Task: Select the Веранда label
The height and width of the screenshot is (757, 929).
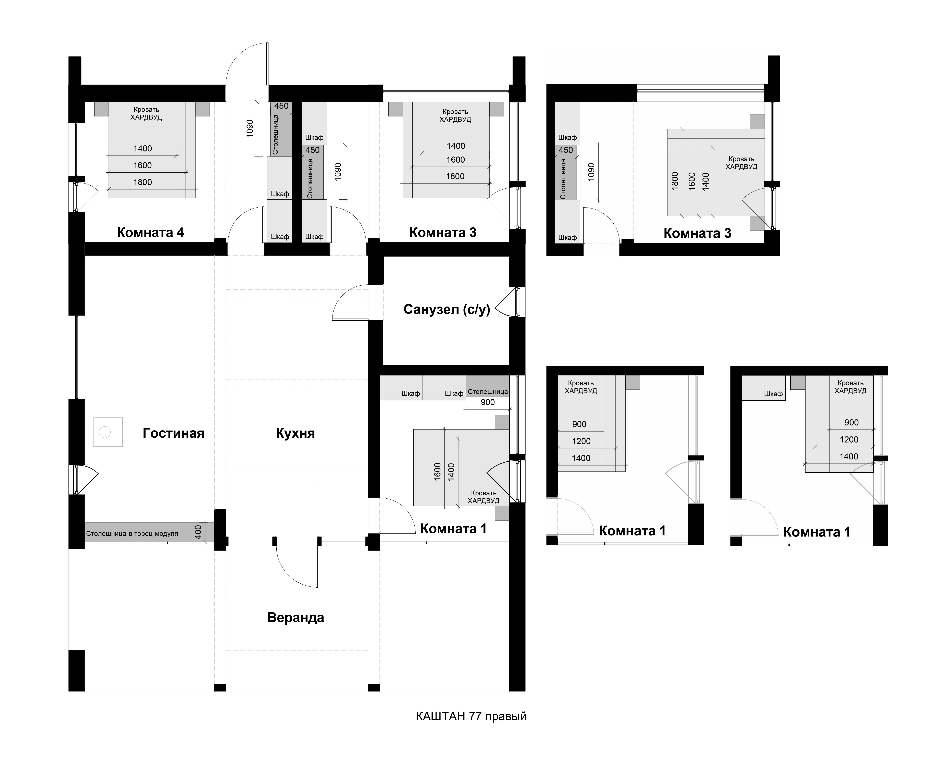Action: click(x=296, y=618)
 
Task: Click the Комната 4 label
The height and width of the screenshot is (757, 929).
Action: click(x=150, y=232)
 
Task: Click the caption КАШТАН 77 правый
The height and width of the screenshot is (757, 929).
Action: click(x=471, y=716)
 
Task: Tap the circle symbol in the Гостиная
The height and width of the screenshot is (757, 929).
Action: click(x=105, y=432)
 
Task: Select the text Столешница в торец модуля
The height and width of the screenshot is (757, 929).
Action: click(x=132, y=533)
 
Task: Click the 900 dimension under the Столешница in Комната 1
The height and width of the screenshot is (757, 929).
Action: click(x=488, y=402)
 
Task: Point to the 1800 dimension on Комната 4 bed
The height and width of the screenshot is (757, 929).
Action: click(x=142, y=182)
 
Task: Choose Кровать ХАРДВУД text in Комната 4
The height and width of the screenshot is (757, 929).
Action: click(x=147, y=113)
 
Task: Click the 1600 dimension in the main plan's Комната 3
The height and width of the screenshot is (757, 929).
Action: click(x=456, y=160)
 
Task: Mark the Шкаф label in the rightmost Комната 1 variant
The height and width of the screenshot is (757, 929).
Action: click(x=773, y=394)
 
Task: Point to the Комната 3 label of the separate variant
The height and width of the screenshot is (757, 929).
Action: click(x=697, y=233)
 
